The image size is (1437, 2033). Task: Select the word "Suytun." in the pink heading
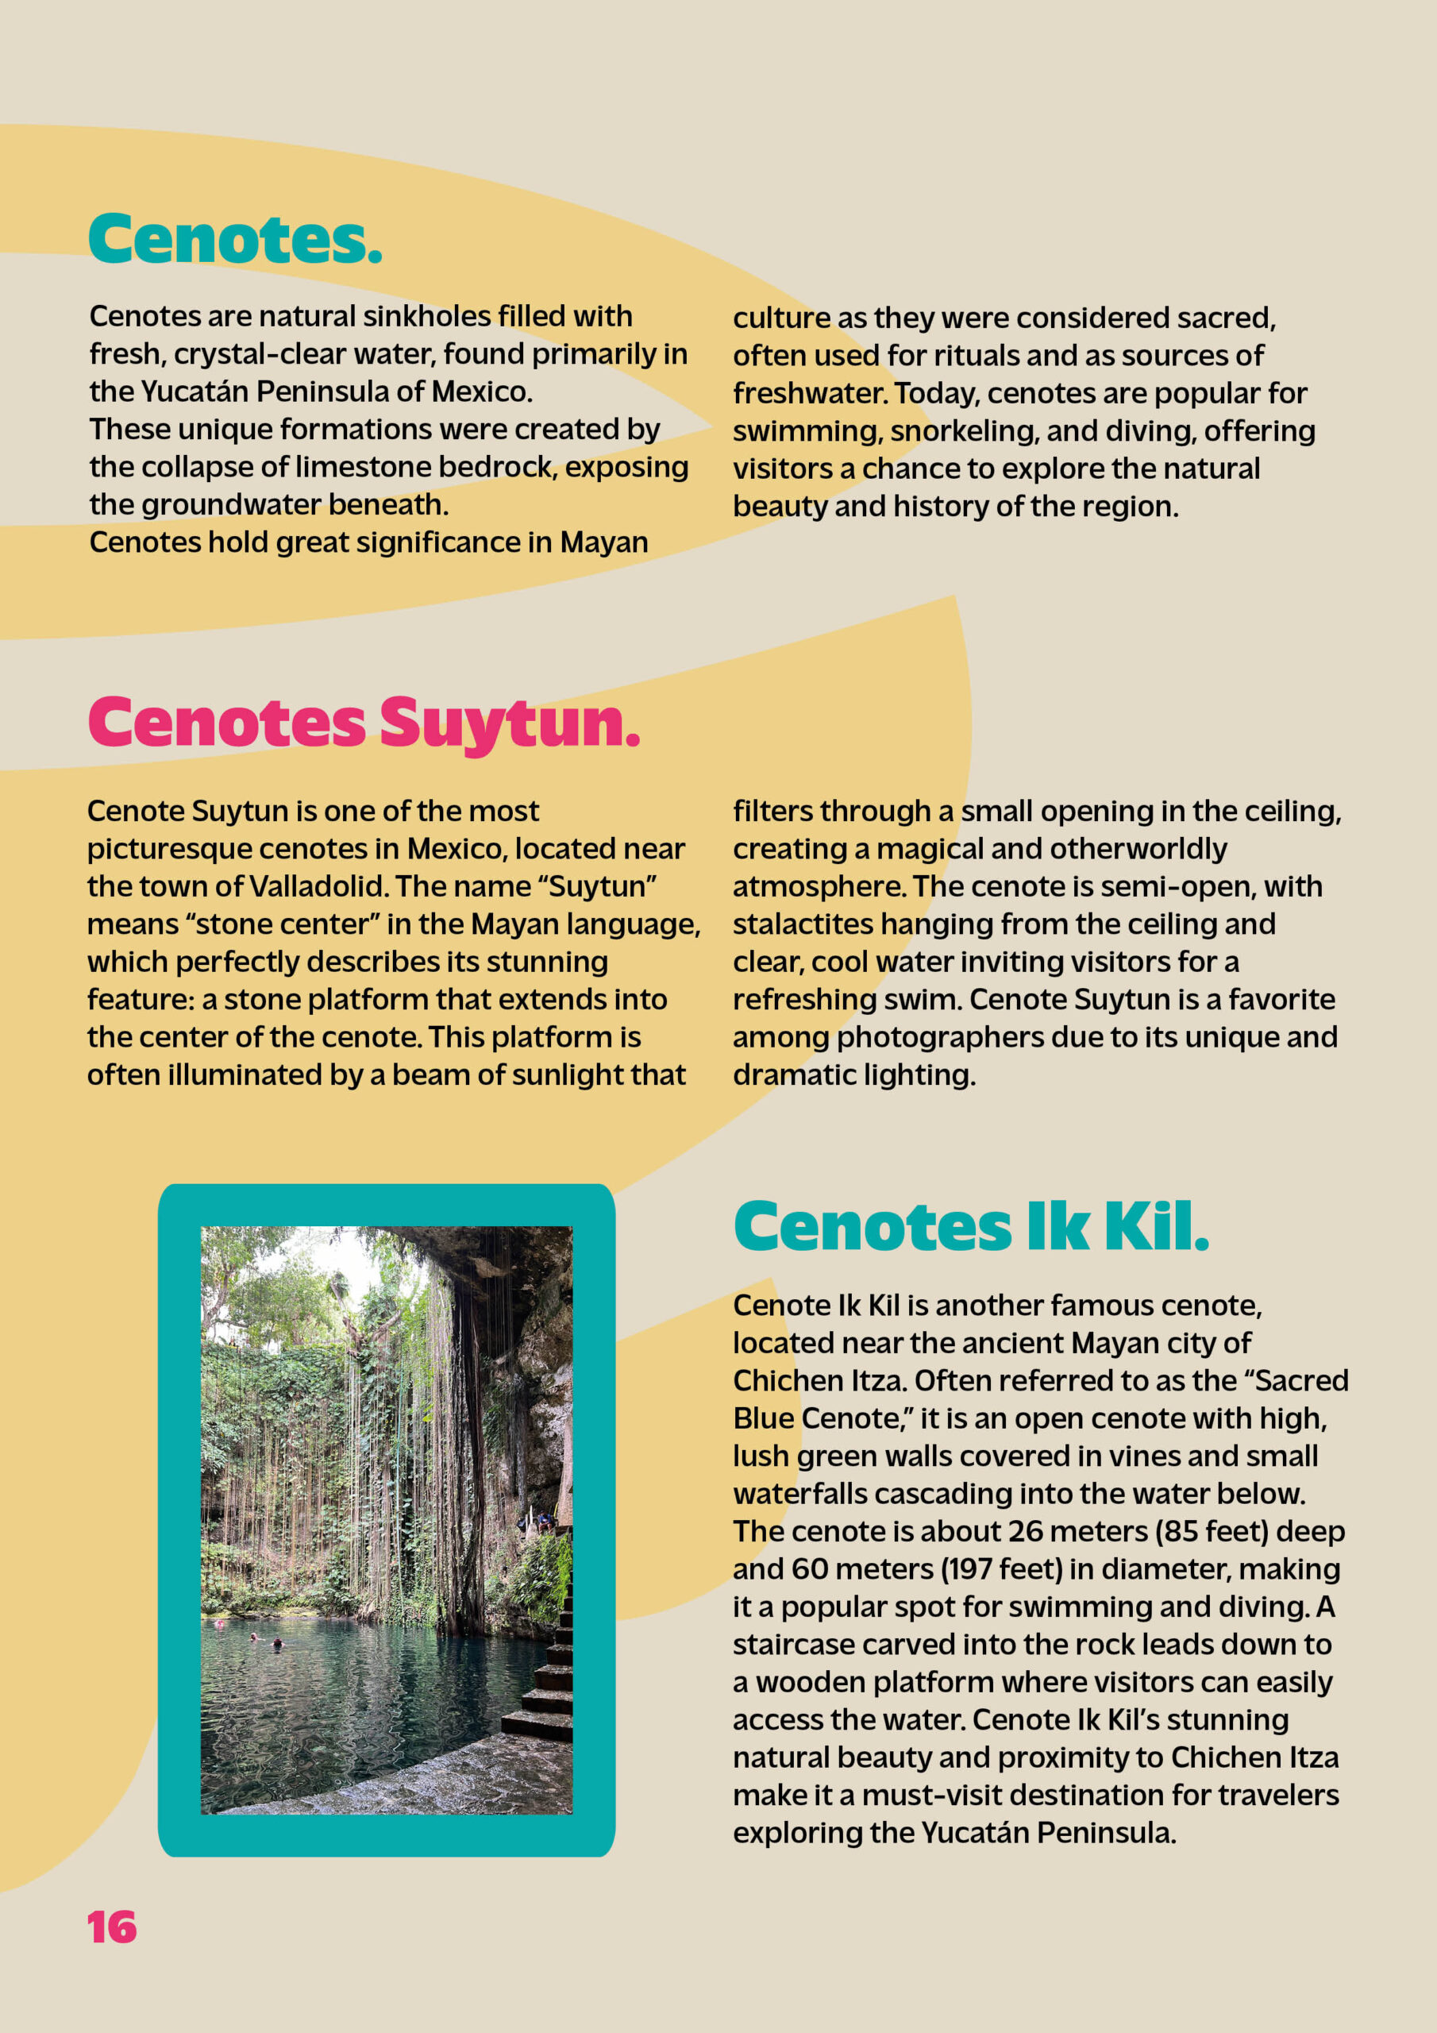(x=509, y=724)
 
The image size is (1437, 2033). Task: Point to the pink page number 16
(x=112, y=1927)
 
